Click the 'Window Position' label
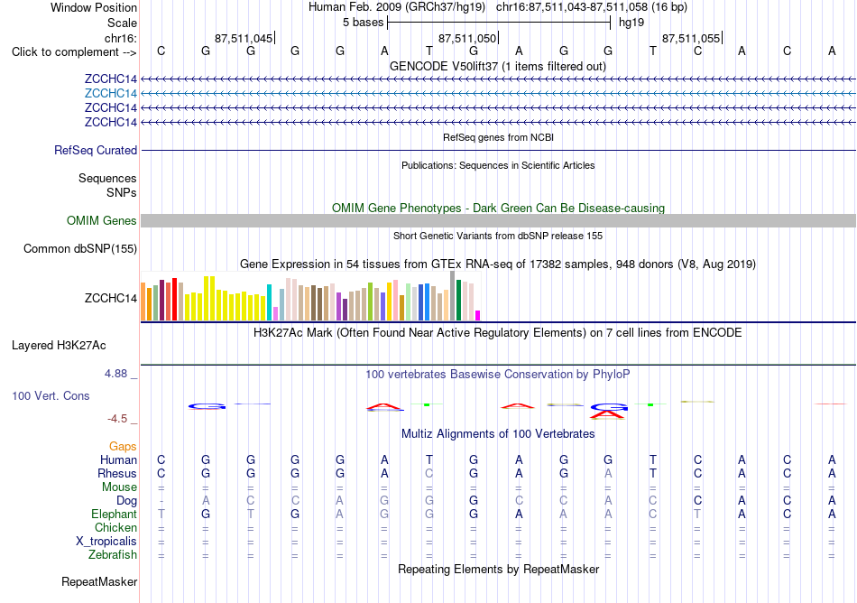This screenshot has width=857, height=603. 94,7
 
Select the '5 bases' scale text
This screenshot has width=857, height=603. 363,23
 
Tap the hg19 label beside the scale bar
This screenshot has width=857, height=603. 631,23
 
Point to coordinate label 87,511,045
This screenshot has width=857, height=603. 244,38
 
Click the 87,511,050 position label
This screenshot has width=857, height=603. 467,38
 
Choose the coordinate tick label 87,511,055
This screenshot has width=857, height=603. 691,38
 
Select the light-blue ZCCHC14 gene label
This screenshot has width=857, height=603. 110,93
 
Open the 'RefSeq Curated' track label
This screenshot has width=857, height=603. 96,151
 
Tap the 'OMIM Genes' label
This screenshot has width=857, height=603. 102,220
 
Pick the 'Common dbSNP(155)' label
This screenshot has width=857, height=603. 80,249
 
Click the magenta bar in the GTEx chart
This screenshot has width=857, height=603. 477,315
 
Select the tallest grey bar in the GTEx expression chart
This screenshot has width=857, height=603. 452,296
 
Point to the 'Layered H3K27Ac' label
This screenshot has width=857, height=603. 59,346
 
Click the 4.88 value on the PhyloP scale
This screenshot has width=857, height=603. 115,374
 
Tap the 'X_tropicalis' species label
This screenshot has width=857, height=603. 106,542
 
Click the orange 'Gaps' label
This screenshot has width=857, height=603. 123,447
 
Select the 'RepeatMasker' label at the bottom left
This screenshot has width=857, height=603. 99,581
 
